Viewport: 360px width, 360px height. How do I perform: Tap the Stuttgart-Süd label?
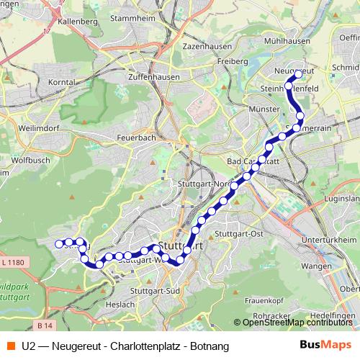158,291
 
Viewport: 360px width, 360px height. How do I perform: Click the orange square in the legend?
9,346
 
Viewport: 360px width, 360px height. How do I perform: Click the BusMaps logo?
325,346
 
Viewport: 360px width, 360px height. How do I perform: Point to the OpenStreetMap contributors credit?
296,322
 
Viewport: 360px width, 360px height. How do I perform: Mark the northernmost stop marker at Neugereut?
298,74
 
